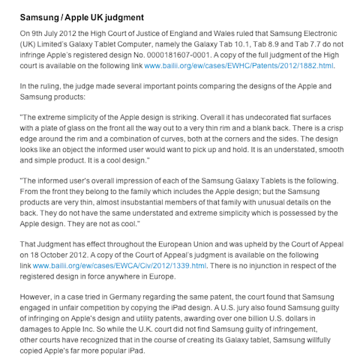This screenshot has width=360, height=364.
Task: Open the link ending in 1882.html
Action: tap(238, 65)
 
